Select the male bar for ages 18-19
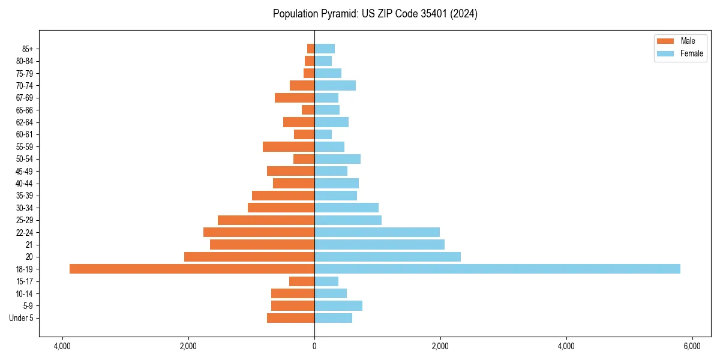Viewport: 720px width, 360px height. (x=192, y=269)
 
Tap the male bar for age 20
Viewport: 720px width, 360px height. (x=249, y=257)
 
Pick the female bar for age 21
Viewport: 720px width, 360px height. (x=379, y=244)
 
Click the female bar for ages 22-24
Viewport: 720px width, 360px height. (x=377, y=232)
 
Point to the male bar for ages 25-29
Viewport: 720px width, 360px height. (x=266, y=220)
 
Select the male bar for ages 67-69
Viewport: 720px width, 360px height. (x=295, y=98)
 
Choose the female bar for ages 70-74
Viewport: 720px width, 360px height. (x=335, y=85)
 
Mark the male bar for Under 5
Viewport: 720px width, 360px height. (x=290, y=318)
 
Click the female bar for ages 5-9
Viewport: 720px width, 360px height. (x=338, y=305)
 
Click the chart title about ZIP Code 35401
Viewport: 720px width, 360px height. (x=375, y=14)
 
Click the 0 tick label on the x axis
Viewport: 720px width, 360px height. (x=314, y=346)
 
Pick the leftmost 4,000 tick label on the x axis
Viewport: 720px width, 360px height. (x=62, y=346)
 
